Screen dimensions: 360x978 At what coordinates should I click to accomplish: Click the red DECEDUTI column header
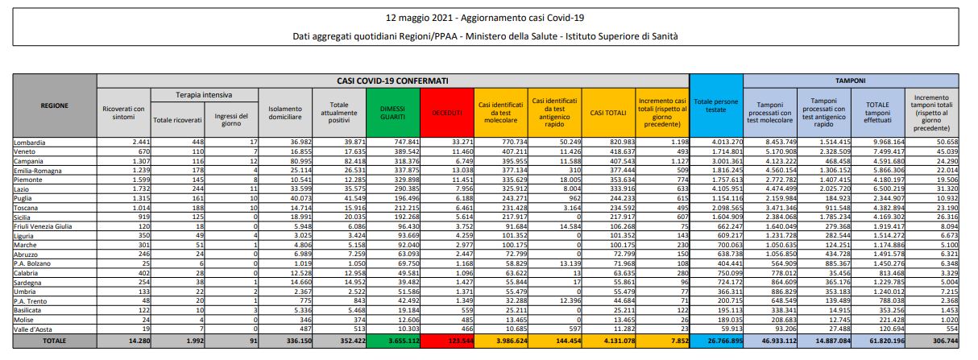445,113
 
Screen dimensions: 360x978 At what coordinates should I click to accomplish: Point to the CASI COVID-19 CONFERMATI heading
392,81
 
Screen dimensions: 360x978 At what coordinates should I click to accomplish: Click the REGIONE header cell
55,106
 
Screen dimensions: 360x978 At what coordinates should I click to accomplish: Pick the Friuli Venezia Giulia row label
47,227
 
